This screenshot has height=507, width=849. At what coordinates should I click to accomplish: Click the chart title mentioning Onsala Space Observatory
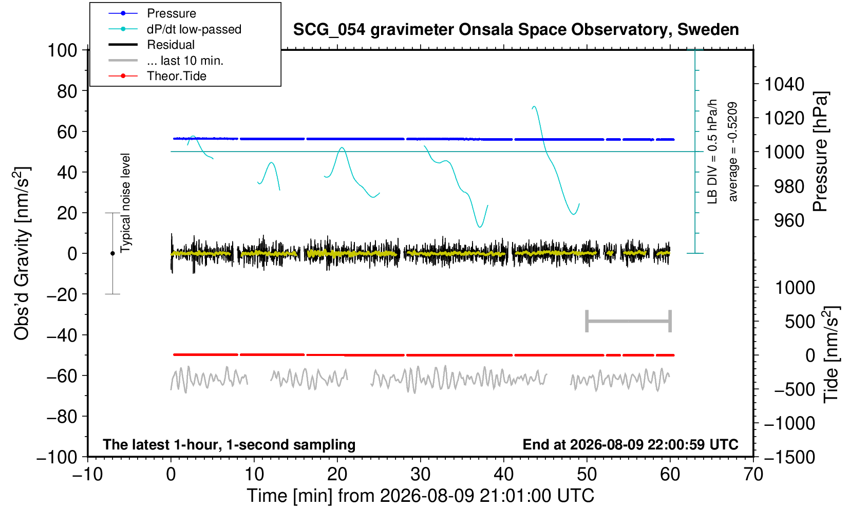516,30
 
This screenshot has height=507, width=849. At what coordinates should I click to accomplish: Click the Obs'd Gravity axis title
22,253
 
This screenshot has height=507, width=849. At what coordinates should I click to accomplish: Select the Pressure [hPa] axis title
821,152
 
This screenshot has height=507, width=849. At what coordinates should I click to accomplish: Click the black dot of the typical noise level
112,253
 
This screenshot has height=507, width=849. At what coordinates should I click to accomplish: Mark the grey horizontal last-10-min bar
629,321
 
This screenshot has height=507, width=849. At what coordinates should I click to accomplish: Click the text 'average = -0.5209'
732,152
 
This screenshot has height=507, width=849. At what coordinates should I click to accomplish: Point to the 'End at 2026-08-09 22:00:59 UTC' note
630,444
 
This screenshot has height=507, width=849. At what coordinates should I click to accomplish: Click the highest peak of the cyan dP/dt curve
534,106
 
